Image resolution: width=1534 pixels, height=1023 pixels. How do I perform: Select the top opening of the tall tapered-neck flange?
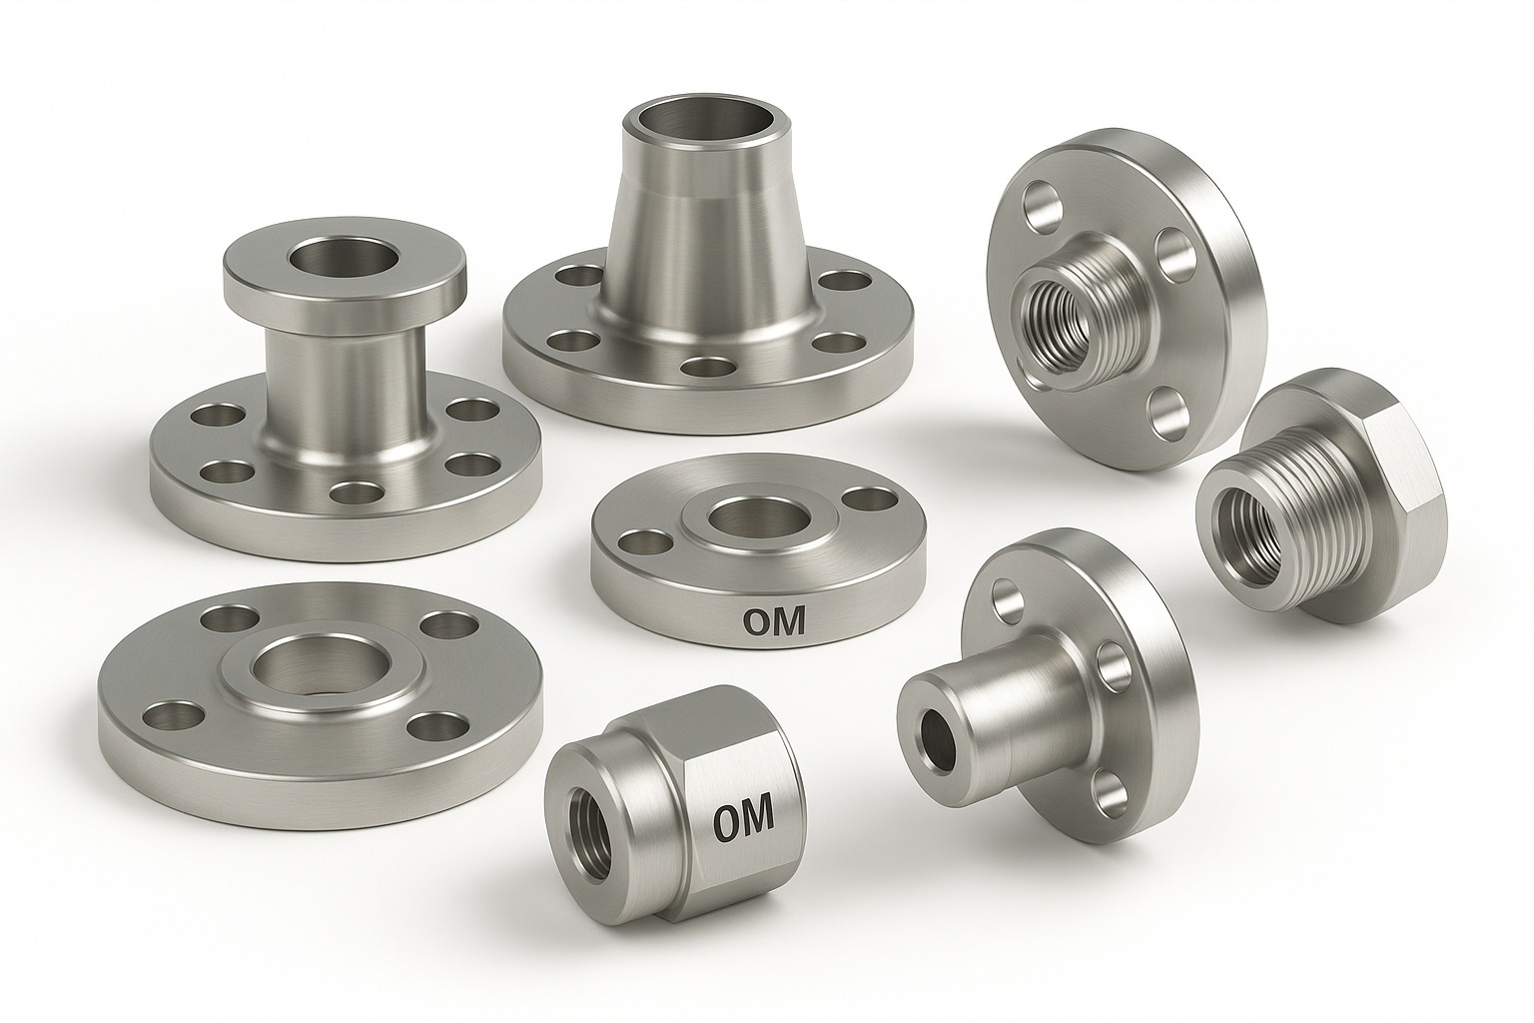(x=694, y=121)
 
